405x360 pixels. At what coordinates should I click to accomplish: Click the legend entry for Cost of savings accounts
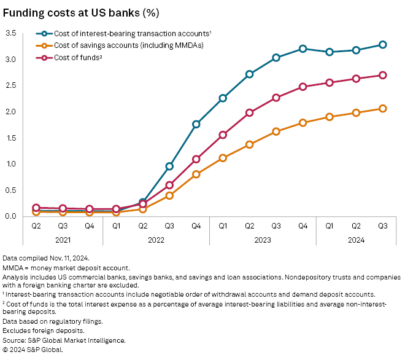point(123,45)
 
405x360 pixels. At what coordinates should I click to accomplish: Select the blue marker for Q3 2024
point(382,44)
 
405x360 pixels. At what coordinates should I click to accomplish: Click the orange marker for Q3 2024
point(382,108)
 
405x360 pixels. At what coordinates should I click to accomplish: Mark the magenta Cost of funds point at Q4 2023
point(303,87)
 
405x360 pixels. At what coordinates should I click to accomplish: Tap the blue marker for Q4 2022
point(196,124)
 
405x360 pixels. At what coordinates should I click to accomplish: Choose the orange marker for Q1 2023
point(223,158)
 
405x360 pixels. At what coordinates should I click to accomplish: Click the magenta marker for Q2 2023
point(249,112)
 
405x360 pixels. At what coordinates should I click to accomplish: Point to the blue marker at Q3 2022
point(169,166)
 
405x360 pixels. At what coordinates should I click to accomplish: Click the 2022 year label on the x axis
point(156,240)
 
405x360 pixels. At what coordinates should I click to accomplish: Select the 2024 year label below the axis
point(356,240)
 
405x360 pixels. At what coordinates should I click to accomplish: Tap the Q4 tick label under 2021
point(90,226)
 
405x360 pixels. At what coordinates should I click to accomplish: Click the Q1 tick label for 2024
point(329,226)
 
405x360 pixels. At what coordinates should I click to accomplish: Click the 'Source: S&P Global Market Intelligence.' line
point(64,340)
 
